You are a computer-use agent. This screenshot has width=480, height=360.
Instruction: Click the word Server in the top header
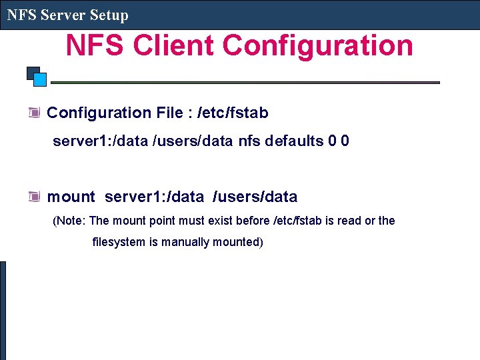(65, 15)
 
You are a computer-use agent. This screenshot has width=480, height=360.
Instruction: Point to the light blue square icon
(40, 80)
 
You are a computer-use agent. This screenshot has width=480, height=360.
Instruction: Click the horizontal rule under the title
(245, 83)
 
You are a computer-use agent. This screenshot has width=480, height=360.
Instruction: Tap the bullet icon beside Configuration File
(35, 113)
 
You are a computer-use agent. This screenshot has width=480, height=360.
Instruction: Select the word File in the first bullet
(171, 113)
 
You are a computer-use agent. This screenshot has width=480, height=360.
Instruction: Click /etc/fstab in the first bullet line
(233, 113)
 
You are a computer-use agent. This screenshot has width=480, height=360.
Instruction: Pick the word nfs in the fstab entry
(249, 141)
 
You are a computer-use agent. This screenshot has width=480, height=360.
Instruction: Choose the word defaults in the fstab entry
(294, 141)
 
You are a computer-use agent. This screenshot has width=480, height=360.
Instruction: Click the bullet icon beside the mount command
(35, 197)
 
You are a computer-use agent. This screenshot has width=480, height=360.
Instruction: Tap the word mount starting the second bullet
(71, 197)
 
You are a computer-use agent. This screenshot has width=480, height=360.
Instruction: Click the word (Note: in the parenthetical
(69, 221)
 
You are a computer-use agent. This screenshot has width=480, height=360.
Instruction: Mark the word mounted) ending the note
(238, 242)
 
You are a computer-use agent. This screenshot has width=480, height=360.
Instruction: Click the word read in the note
(349, 221)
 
